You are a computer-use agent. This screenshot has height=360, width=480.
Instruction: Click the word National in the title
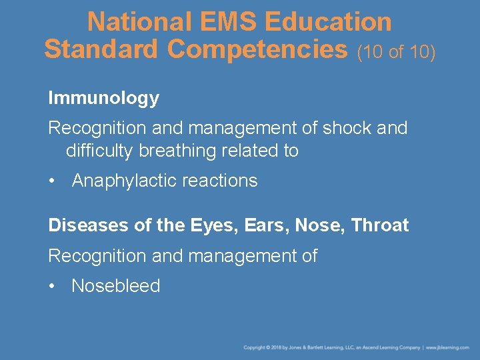point(131,21)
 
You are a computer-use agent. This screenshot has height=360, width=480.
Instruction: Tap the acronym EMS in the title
point(217,21)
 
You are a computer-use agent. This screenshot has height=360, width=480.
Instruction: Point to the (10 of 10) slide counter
point(396,51)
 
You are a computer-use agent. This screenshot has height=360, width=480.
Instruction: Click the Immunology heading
point(103,98)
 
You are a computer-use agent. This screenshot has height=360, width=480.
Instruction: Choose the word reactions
point(224,181)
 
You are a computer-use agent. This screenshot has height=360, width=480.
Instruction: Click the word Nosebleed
point(116,286)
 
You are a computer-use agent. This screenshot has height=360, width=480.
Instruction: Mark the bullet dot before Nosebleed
point(52,287)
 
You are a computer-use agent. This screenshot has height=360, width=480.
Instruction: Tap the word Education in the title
point(328,21)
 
